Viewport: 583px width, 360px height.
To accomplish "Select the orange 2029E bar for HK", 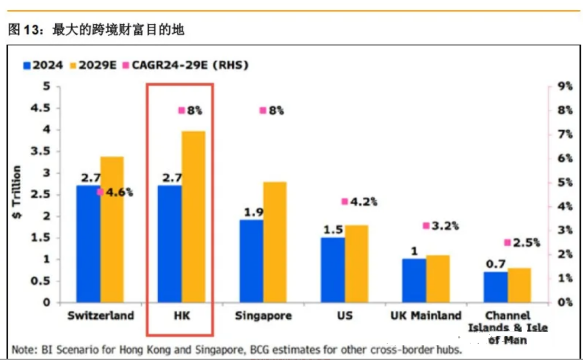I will pyautogui.click(x=193, y=216).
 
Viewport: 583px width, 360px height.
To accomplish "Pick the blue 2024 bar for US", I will pyautogui.click(x=333, y=270).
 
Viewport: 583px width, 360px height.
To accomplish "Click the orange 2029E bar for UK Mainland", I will pyautogui.click(x=438, y=279).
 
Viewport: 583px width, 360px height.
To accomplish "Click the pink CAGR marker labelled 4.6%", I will pyautogui.click(x=100, y=192).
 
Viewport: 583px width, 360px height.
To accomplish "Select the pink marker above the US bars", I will pyautogui.click(x=345, y=201).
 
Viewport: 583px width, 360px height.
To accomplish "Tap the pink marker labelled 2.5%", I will pyautogui.click(x=507, y=242).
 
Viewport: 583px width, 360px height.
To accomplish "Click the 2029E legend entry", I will pyautogui.click(x=92, y=66).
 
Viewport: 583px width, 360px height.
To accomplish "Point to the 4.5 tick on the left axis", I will pyautogui.click(x=38, y=108).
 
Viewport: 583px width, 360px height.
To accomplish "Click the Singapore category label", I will pyautogui.click(x=263, y=316).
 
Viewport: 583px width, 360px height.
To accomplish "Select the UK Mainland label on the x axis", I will pyautogui.click(x=426, y=315).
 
